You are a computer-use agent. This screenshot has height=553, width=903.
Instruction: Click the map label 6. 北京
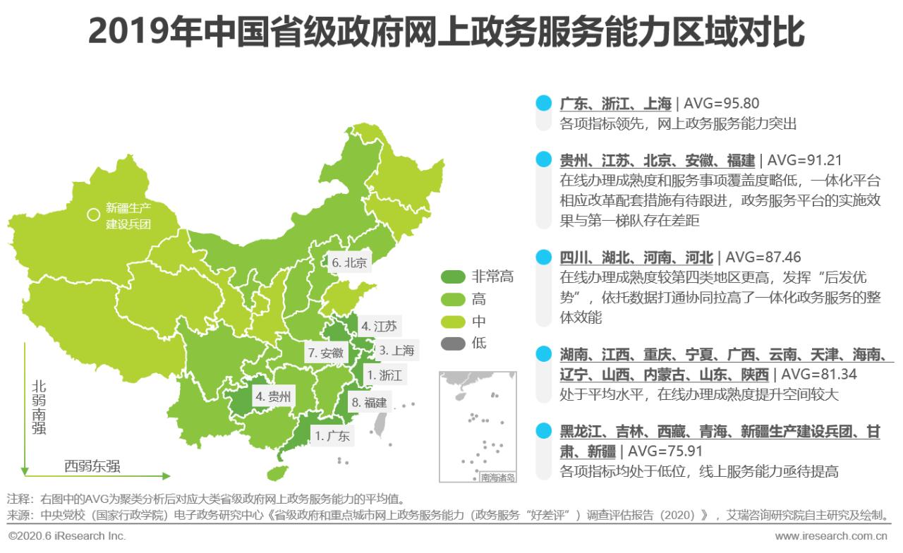point(349,263)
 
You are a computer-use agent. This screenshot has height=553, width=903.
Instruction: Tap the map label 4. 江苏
point(379,326)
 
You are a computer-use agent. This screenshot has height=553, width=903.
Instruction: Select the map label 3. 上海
point(396,350)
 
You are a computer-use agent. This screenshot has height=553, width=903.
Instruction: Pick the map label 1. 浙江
point(383,375)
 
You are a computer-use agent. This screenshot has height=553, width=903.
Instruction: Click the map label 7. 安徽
point(325,353)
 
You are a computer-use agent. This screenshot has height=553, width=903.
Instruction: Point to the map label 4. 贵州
point(272,396)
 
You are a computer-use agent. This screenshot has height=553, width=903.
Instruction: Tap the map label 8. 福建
point(370,403)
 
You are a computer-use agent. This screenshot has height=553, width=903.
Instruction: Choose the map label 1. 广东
point(332,435)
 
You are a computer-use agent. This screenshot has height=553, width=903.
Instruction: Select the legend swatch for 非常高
point(452,276)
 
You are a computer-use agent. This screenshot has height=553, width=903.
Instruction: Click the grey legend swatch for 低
point(452,344)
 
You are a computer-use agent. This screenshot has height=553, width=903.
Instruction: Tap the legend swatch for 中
point(452,322)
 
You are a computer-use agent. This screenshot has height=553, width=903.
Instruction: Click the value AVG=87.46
point(763,257)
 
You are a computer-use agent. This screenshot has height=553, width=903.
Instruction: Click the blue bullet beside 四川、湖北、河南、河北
point(543,257)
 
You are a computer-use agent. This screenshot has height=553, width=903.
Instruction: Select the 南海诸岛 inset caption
point(498,478)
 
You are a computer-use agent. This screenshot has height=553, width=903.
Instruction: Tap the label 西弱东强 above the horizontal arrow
point(92,466)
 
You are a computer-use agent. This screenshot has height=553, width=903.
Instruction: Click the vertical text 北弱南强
point(39,407)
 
